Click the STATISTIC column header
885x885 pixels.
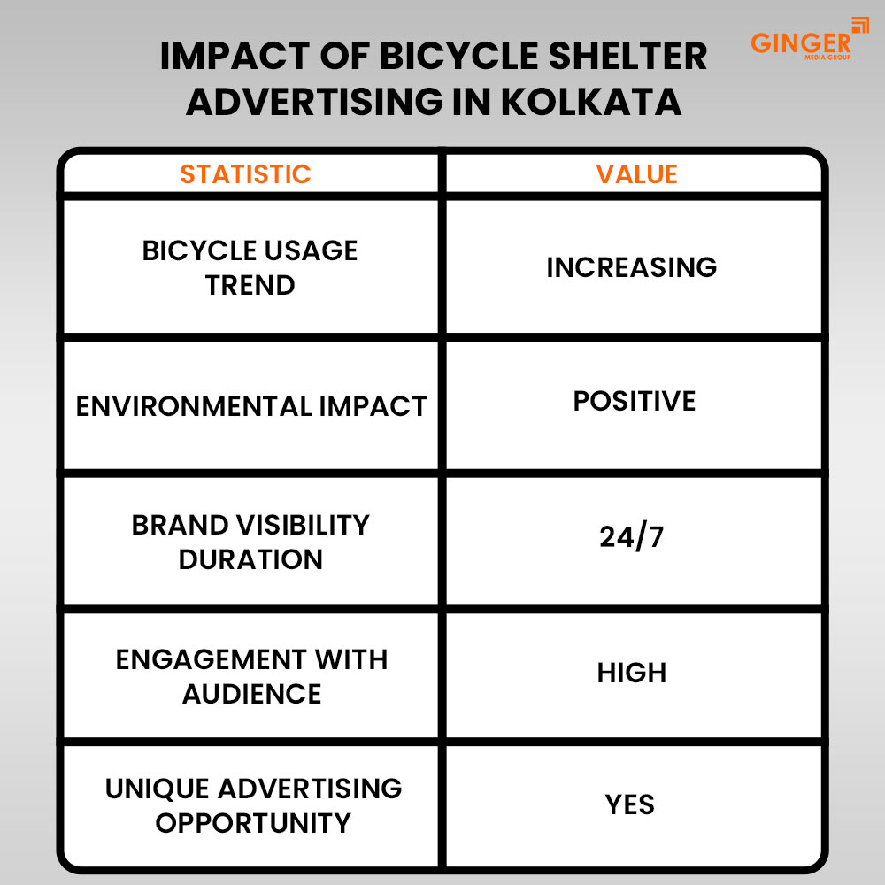coord(245,174)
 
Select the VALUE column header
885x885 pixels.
coord(636,174)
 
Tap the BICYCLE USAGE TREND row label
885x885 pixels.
coord(250,267)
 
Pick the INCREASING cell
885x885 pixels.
coord(631,267)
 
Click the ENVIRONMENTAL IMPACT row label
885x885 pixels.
coord(251,406)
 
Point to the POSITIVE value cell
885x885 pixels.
coord(634,401)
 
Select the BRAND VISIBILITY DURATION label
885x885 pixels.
coord(250,542)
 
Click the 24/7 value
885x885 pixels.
coord(631,537)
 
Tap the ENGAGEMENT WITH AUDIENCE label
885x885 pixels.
coord(251,676)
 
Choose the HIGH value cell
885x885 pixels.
coord(631,673)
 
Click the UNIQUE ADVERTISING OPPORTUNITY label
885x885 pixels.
coord(253,805)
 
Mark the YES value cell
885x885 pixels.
coord(630,804)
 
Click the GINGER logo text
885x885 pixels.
coord(800,42)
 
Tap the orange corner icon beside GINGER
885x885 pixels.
coord(859,26)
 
